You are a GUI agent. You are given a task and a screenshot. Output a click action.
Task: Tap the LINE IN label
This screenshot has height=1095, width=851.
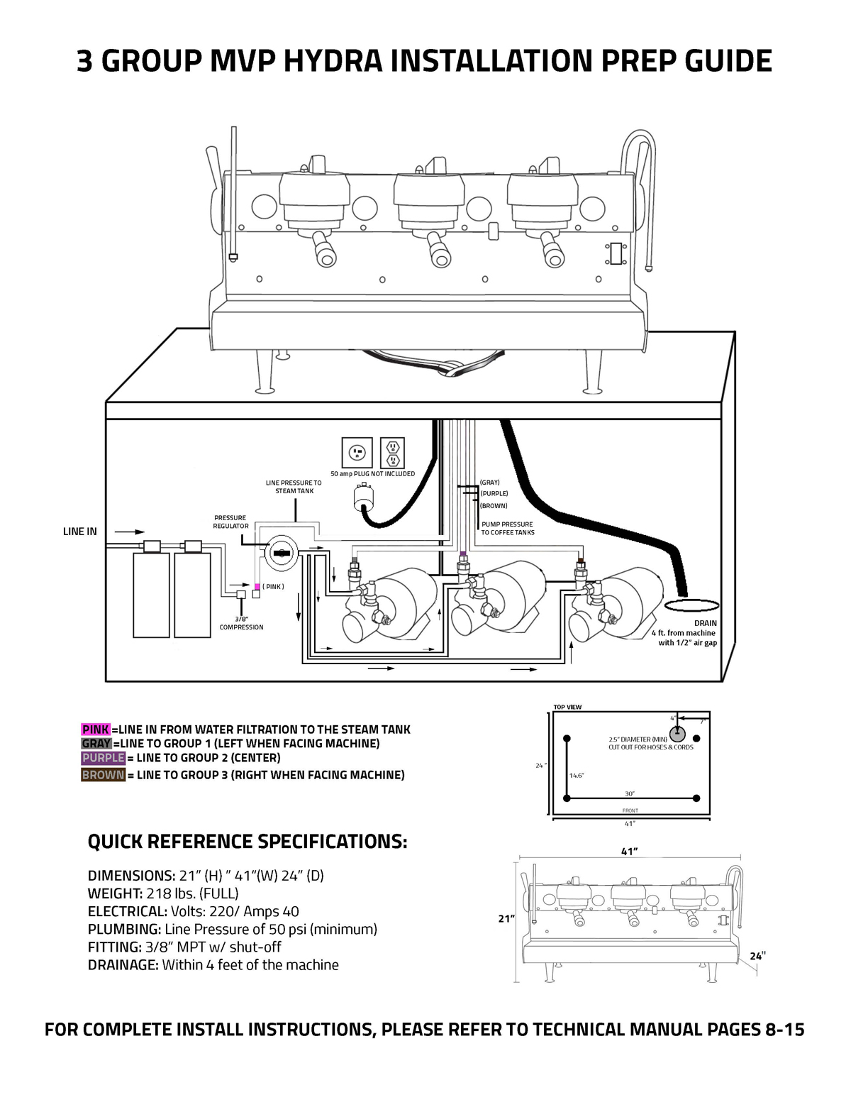coord(80,532)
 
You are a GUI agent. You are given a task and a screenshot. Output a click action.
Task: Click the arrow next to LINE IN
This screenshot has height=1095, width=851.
coord(129,532)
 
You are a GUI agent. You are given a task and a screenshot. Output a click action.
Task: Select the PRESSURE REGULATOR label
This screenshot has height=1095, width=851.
coord(230,522)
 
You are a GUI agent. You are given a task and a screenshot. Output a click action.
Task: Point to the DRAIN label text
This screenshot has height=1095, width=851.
coord(705,623)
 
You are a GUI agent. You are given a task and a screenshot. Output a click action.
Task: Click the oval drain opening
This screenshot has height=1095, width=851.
coord(691,605)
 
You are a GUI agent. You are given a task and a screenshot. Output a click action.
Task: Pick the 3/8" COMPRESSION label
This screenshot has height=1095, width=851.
coord(241,623)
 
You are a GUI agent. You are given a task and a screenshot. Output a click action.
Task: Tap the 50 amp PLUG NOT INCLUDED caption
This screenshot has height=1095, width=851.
coord(372,474)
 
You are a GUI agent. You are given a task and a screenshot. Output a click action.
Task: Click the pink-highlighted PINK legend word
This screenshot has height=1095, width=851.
coord(96,730)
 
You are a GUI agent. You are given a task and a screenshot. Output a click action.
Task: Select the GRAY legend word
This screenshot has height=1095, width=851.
coord(96,744)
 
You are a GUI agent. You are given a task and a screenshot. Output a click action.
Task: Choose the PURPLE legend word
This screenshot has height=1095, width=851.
coord(103,758)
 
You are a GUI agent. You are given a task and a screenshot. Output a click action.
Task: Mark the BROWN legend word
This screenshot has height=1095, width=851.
coord(103,775)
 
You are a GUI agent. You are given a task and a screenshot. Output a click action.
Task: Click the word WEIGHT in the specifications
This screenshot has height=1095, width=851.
coord(115,893)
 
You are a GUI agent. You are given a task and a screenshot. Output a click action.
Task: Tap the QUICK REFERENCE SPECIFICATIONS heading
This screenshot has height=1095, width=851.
coord(247,842)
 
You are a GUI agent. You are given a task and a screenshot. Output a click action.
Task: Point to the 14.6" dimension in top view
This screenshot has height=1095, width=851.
coord(577,776)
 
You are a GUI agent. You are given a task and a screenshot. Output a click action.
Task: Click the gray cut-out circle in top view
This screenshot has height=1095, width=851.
coord(677,733)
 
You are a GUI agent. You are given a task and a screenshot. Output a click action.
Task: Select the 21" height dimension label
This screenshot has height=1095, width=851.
coord(506,918)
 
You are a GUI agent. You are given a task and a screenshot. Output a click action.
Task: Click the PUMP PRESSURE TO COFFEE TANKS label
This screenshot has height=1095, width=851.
coord(508,529)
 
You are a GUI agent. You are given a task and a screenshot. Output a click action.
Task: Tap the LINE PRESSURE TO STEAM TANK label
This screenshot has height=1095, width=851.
coord(294,487)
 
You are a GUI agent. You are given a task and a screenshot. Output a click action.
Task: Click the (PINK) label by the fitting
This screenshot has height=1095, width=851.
coord(273,587)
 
